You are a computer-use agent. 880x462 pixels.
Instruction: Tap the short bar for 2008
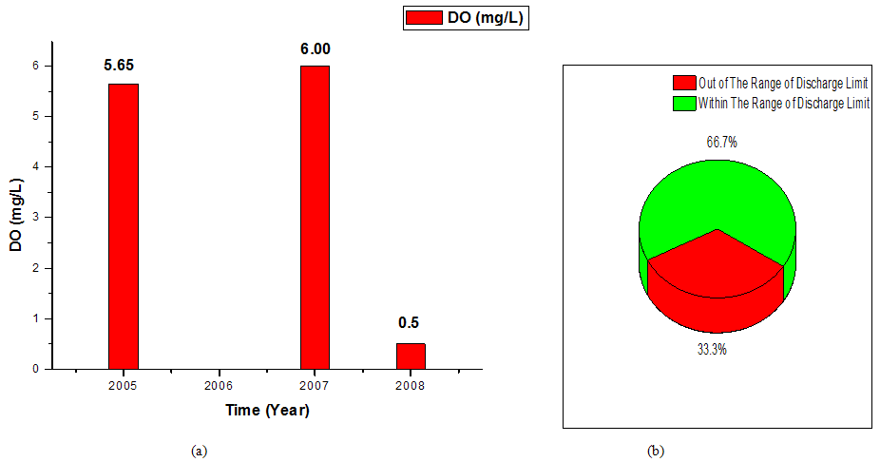tap(411, 356)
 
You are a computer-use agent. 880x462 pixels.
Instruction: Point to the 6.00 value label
tap(316, 49)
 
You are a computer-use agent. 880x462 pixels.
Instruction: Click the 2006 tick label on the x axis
tap(220, 386)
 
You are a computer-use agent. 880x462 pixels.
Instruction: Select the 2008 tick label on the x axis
tap(411, 386)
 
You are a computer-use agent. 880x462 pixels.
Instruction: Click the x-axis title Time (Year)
tap(267, 411)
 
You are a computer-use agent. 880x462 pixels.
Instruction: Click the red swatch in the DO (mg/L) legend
tap(423, 18)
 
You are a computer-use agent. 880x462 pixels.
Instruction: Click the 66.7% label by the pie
tap(719, 143)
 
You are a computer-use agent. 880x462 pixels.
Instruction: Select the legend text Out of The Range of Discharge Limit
tap(784, 84)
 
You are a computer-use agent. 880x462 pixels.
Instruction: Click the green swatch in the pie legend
tap(683, 103)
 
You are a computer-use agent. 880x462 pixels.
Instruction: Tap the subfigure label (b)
tap(656, 452)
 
